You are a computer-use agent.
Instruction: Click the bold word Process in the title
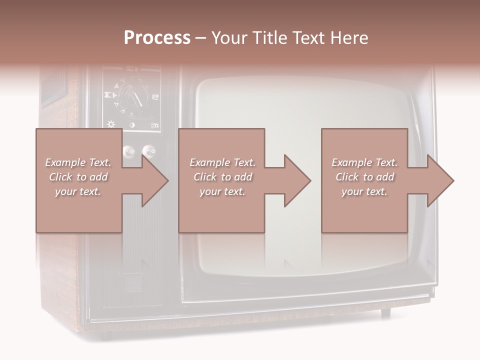tap(157, 37)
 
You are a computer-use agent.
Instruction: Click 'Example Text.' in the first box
tap(78, 162)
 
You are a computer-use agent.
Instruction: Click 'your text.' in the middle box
tap(222, 191)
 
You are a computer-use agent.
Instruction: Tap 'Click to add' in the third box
tap(365, 177)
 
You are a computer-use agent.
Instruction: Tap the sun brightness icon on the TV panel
tap(111, 124)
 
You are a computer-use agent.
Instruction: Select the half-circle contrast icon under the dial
tap(132, 124)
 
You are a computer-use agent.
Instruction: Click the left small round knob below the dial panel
tap(129, 150)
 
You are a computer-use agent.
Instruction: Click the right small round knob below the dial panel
tap(148, 150)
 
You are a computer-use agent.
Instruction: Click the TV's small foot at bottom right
tap(385, 312)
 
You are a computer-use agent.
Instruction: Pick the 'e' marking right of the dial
tap(155, 96)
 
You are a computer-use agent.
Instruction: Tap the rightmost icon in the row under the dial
tap(155, 125)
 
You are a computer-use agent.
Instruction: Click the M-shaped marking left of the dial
tap(107, 94)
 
